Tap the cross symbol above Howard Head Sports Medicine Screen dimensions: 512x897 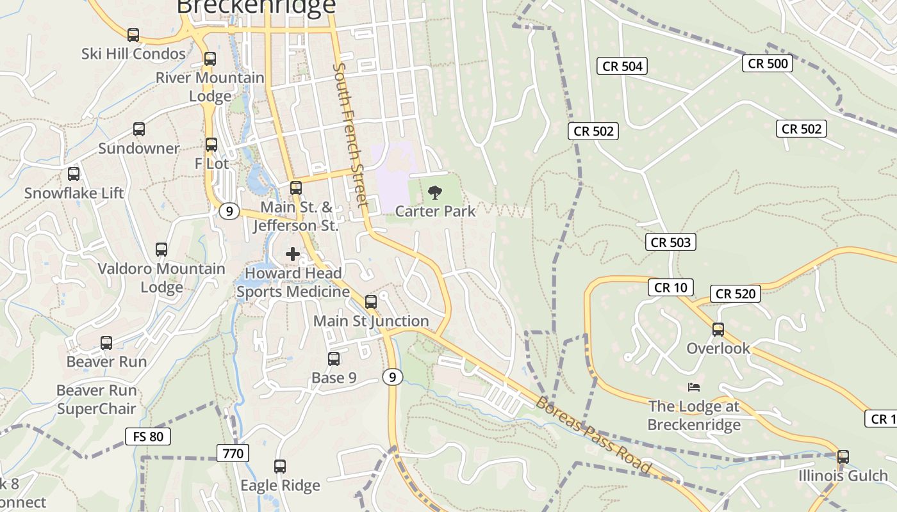coord(293,254)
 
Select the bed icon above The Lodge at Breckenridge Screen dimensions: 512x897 coord(693,387)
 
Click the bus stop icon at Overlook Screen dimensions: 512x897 coord(718,330)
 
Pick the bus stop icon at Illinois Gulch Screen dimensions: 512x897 coord(843,457)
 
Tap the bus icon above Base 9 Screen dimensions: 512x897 coord(334,359)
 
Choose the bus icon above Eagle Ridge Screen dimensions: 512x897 coord(280,467)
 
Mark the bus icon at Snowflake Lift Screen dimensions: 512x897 coord(74,174)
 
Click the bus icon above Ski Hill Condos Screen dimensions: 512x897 coord(133,35)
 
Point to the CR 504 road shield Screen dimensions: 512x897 coord(622,66)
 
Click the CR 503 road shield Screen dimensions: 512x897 coord(671,242)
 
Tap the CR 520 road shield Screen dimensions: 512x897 coord(736,294)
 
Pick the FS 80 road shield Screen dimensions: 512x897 coord(148,437)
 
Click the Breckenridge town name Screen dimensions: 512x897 coord(256,6)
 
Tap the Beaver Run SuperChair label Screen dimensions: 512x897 coord(97,399)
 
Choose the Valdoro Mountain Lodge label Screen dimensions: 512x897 coord(161,278)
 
